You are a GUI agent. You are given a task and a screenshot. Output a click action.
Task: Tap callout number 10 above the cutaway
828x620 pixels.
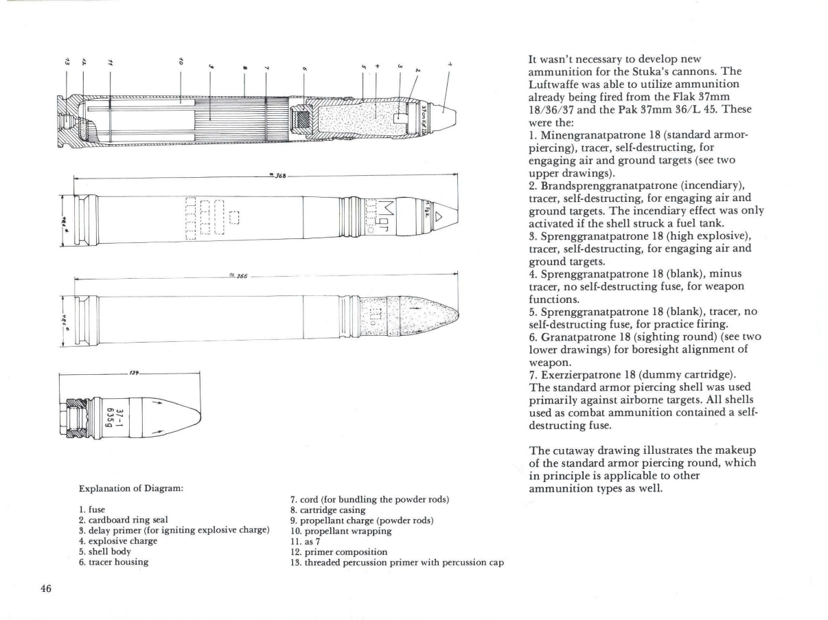click(x=180, y=61)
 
